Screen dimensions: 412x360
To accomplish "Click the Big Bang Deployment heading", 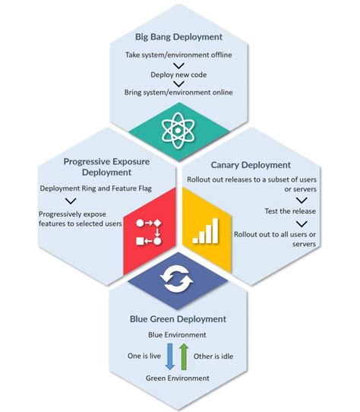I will coord(179,36).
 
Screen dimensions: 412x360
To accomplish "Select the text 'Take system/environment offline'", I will coord(180,55).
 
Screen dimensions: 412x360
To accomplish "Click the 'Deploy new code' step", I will coord(180,74).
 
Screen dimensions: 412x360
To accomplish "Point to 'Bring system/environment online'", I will coord(180,92).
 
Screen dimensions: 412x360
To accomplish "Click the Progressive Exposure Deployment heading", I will coord(90,166).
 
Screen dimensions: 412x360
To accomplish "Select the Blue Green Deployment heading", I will coord(180,319).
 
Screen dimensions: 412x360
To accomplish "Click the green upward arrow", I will coord(185,356).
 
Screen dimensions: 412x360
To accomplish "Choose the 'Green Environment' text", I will coord(180,378).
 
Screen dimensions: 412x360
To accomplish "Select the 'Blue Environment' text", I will coord(180,334).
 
